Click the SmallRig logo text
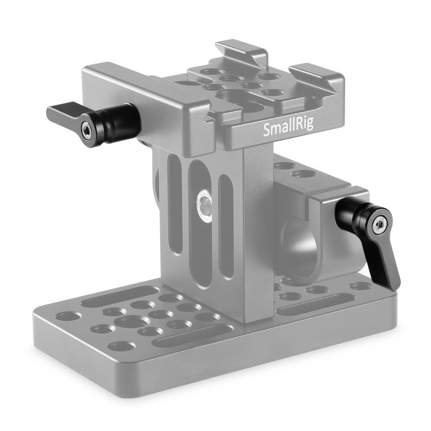tap(288, 128)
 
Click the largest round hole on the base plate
tap(132, 321)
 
